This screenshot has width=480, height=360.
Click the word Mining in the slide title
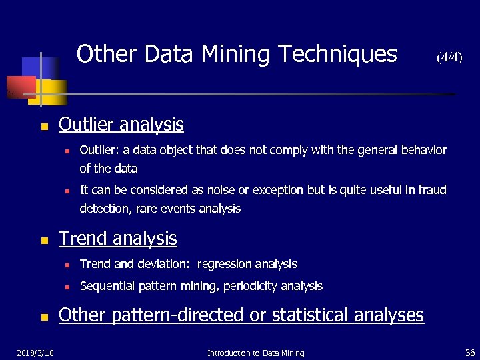click(237, 54)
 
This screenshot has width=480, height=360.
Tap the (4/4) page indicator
click(449, 57)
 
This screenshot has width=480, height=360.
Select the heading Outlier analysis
click(121, 124)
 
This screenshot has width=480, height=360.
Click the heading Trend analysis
click(118, 238)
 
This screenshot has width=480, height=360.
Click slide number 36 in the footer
click(469, 353)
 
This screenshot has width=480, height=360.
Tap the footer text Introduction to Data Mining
click(255, 353)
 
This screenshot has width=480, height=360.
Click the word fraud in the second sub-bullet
click(431, 190)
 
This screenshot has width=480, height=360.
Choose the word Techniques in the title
click(339, 54)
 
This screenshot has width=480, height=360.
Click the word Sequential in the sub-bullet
click(107, 286)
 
